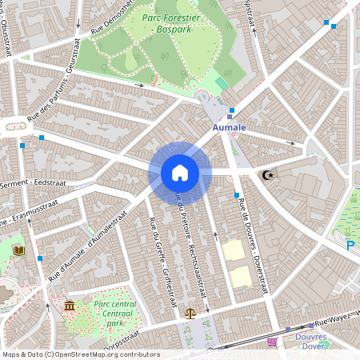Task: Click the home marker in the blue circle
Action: [180, 172]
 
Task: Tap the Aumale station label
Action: [230, 127]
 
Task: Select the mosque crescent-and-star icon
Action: [268, 174]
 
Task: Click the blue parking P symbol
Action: [350, 246]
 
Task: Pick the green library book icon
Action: [19, 250]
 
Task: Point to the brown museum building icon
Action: [70, 306]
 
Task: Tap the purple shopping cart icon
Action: [271, 342]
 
